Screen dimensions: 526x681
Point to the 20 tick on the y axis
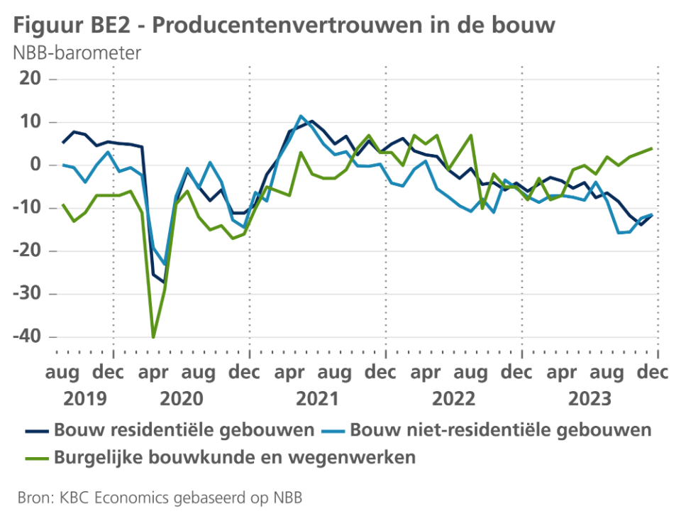point(31,79)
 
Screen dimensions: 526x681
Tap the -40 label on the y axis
point(28,336)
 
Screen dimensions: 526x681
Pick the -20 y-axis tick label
point(28,251)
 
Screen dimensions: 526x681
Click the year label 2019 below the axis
point(85,399)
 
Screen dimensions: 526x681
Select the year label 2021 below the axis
point(317,399)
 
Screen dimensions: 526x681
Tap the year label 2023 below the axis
point(590,399)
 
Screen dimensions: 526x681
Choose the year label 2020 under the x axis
point(181,399)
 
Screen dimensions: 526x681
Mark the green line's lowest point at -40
point(153,337)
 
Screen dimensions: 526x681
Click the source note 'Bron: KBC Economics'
point(160,498)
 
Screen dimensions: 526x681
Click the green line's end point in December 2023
point(651,148)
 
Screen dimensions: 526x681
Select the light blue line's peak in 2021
point(301,116)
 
